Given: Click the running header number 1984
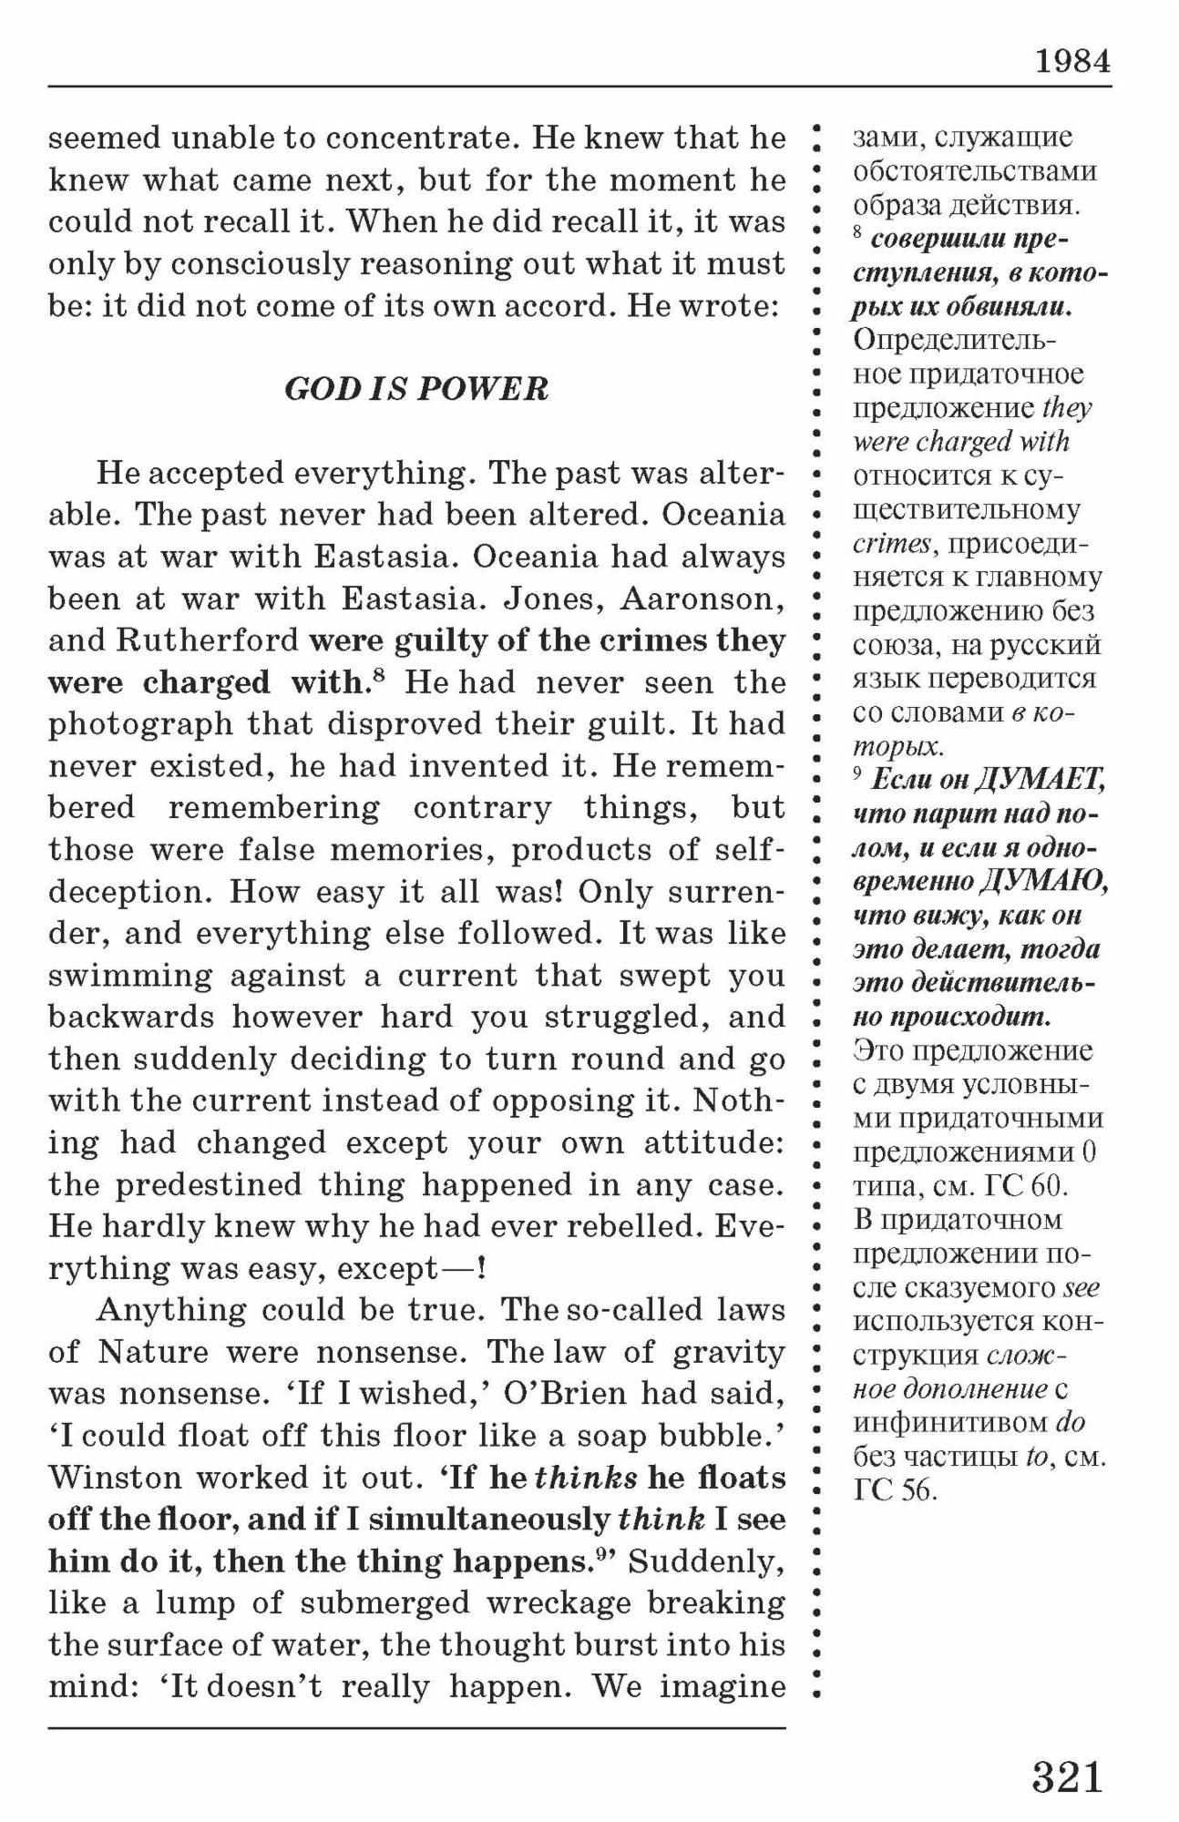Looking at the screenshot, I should [1071, 61].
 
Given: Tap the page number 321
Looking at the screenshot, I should [1067, 1776].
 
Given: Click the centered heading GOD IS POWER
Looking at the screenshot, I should [416, 389].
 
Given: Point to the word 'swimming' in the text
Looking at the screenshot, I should [128, 976].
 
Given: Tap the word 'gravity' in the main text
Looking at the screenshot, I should [729, 1352].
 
